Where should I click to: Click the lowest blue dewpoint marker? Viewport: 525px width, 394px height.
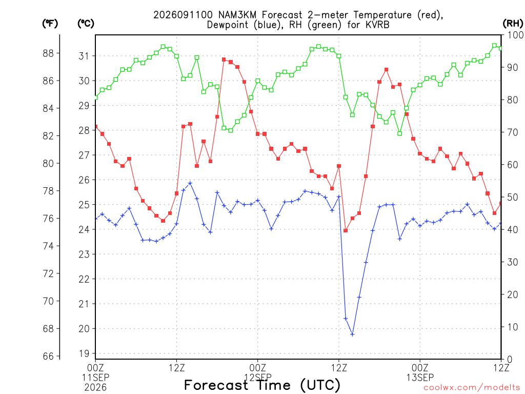click(x=352, y=334)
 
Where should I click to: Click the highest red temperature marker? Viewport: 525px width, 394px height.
click(x=224, y=60)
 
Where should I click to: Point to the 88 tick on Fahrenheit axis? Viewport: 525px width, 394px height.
click(x=48, y=53)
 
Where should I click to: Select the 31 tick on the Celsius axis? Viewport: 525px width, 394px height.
click(x=84, y=56)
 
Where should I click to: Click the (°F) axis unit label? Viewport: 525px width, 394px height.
click(x=50, y=24)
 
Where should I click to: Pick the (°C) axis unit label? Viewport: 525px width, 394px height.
click(x=86, y=24)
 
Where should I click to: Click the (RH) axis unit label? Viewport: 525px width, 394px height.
click(x=513, y=24)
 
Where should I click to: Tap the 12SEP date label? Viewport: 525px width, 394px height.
click(x=258, y=378)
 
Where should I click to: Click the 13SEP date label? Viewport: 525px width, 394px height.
click(x=420, y=378)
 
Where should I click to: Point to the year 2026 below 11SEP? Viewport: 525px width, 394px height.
click(x=95, y=387)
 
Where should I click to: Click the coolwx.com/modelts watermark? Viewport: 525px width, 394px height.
click(x=472, y=387)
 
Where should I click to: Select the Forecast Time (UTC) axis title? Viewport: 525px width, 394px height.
click(x=262, y=385)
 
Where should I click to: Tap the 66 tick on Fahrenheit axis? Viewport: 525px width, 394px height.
click(x=48, y=356)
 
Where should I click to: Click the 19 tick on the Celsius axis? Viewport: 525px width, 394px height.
click(x=84, y=353)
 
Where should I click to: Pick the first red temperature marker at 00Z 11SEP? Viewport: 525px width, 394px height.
click(x=96, y=127)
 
